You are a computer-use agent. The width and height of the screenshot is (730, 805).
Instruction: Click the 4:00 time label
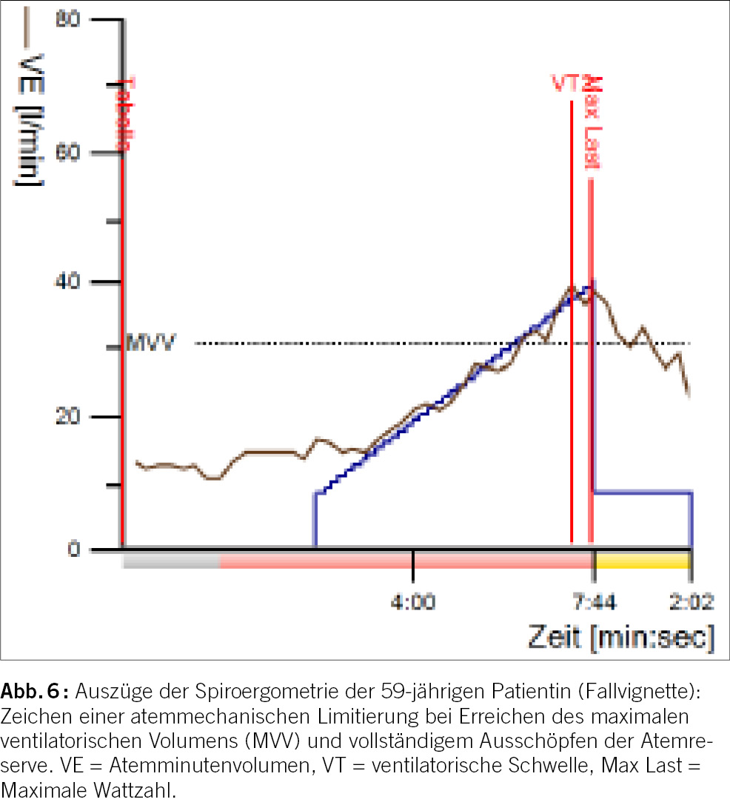point(413,602)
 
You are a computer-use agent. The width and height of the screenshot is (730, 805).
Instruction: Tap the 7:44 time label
point(592,602)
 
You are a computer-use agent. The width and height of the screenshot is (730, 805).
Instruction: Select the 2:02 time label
point(690,602)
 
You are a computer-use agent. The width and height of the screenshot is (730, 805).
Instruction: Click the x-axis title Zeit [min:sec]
point(621,637)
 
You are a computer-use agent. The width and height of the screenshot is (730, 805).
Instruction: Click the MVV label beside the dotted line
point(150,344)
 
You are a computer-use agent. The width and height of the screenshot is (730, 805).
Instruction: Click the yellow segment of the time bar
point(642,561)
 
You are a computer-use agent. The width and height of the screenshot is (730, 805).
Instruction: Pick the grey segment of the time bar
point(171,561)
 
